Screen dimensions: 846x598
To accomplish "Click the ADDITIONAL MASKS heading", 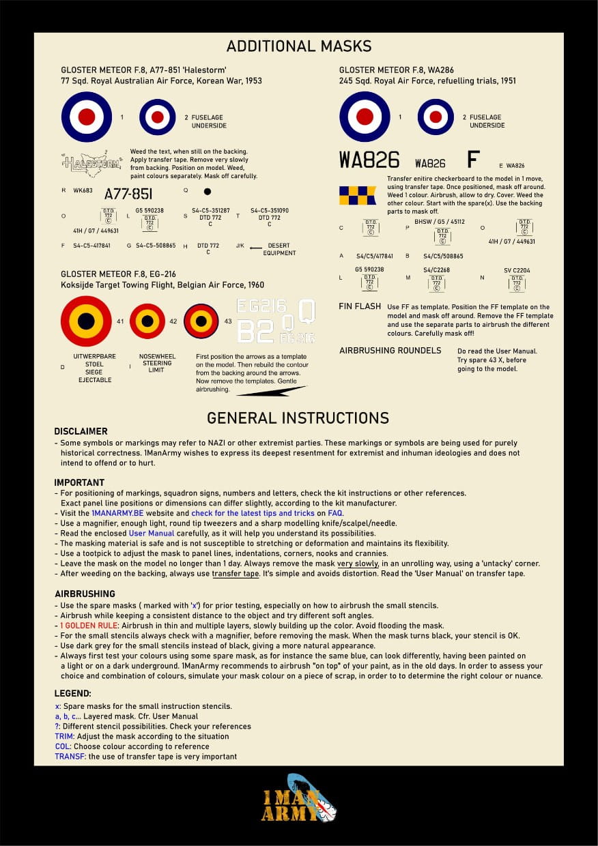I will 299,46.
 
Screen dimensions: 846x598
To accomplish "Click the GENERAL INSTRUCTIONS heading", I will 298,418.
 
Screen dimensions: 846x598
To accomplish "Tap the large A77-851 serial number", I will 128,193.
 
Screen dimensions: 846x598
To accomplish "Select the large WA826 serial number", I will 369,160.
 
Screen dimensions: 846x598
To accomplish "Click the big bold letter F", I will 472,160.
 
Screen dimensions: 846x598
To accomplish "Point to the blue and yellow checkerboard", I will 357,195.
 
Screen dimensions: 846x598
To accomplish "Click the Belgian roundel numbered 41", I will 86,321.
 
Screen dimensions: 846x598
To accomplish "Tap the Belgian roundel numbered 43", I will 201,321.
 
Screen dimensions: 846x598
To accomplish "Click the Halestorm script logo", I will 91,164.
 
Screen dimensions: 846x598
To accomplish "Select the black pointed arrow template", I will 262,391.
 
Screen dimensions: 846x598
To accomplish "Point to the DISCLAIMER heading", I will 81,431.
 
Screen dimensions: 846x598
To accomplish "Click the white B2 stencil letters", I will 255,332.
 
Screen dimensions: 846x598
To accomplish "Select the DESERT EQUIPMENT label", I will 279,249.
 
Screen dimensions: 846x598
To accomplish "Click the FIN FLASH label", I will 360,306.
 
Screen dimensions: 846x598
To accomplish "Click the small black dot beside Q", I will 208,192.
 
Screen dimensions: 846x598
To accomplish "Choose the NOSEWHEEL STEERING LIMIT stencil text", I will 156,363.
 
